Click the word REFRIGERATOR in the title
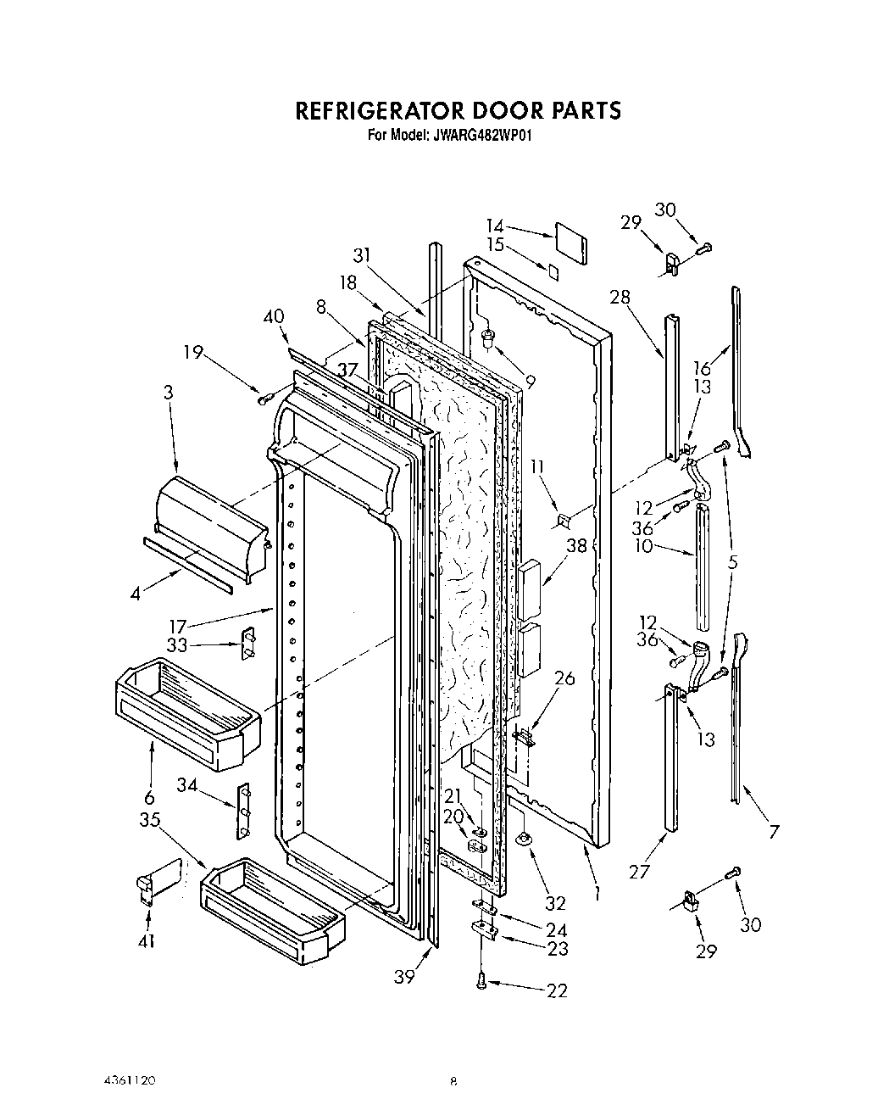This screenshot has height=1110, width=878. tap(377, 111)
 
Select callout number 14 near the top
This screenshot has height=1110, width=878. tap(495, 226)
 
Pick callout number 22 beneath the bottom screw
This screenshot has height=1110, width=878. tap(557, 990)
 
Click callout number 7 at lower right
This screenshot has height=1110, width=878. tap(773, 832)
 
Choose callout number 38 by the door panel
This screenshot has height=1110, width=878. tap(576, 547)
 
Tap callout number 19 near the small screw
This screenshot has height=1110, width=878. tap(195, 352)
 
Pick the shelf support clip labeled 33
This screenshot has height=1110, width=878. tap(248, 644)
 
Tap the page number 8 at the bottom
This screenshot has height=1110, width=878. tap(453, 1081)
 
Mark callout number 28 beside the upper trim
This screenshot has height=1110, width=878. tap(620, 297)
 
